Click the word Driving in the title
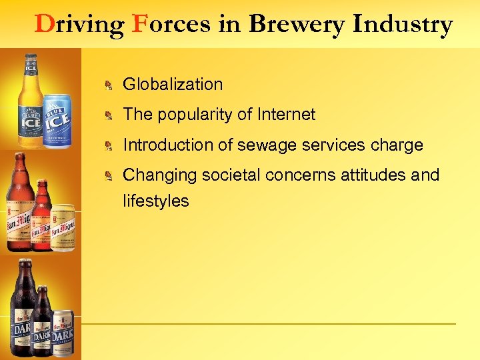click(x=79, y=25)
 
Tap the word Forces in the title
click(x=171, y=25)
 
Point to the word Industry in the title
click(x=403, y=25)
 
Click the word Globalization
click(x=173, y=84)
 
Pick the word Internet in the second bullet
click(x=285, y=115)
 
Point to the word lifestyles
click(x=156, y=201)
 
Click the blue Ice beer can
click(x=57, y=122)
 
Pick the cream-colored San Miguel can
click(x=63, y=228)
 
